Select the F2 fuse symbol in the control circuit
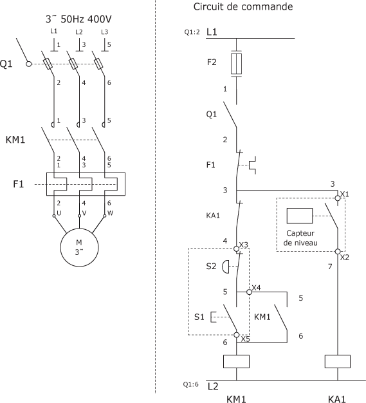click(x=236, y=64)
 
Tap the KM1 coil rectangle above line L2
click(x=236, y=361)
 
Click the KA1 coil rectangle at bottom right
click(x=338, y=361)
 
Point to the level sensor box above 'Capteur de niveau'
click(x=300, y=216)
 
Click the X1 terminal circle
click(x=338, y=198)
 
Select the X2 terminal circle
click(x=338, y=251)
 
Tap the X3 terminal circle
click(x=236, y=248)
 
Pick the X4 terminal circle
click(x=249, y=292)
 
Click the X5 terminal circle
click(x=237, y=335)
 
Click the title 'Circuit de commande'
click(x=243, y=6)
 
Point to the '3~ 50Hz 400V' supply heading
click(x=78, y=19)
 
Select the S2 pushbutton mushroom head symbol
click(x=225, y=267)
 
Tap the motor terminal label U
click(x=59, y=213)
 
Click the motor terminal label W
click(x=110, y=213)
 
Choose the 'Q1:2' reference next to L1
click(x=192, y=32)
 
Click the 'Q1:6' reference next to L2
click(x=191, y=384)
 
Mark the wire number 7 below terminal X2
click(x=330, y=267)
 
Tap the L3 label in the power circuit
click(x=104, y=32)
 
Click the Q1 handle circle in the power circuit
click(x=29, y=64)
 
